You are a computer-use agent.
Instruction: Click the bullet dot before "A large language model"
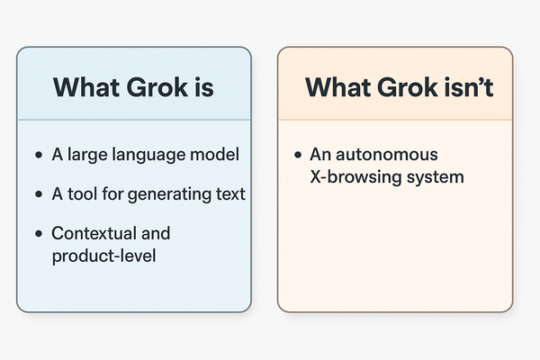coord(38,156)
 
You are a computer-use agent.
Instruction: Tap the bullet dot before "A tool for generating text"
coord(38,194)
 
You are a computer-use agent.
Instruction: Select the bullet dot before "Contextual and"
coord(38,234)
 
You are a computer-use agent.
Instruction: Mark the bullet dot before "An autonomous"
coord(297,156)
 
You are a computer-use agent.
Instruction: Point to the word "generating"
coord(169,194)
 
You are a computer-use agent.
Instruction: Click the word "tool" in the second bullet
coord(82,193)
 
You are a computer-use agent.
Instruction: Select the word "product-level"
coord(104,256)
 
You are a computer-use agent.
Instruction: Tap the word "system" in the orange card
coord(434,177)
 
